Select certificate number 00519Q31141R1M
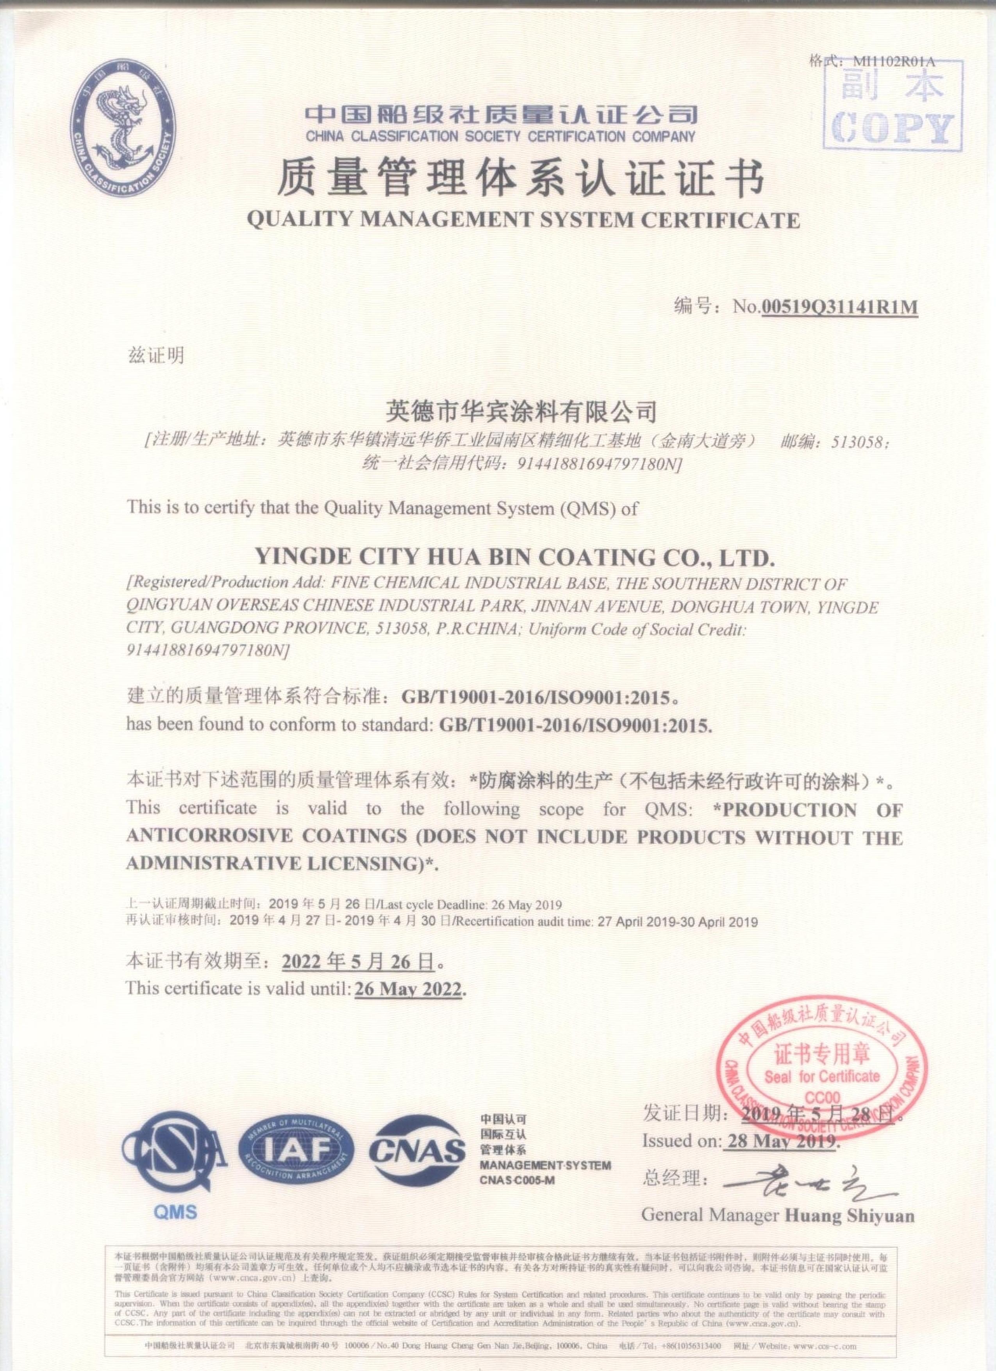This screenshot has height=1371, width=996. pyautogui.click(x=839, y=308)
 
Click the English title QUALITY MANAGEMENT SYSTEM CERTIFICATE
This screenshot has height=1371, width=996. pyautogui.click(x=523, y=220)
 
